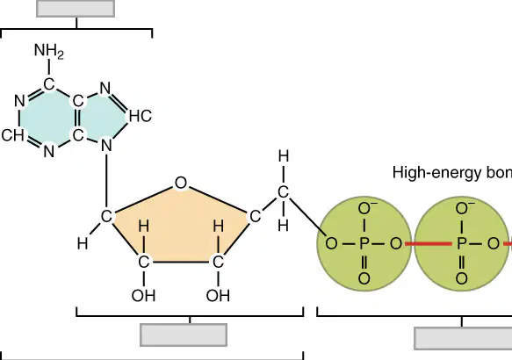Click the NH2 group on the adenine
pyautogui.click(x=48, y=52)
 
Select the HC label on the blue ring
pyautogui.click(x=141, y=116)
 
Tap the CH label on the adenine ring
pyautogui.click(x=12, y=135)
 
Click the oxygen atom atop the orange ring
pyautogui.click(x=181, y=184)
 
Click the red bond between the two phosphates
pyautogui.click(x=429, y=243)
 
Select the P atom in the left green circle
pyautogui.click(x=364, y=243)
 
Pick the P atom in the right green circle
pyautogui.click(x=461, y=243)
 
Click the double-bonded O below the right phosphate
pyautogui.click(x=461, y=278)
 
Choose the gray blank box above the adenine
pyautogui.click(x=76, y=8)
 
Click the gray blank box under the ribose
pyautogui.click(x=184, y=335)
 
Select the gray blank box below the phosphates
pyautogui.click(x=463, y=339)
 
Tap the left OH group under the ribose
pyautogui.click(x=143, y=296)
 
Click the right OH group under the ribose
pyautogui.click(x=218, y=296)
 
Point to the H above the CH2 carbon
pyautogui.click(x=283, y=156)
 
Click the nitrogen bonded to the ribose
pyautogui.click(x=106, y=146)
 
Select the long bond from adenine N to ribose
pyautogui.click(x=106, y=182)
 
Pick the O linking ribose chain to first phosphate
pyautogui.click(x=331, y=243)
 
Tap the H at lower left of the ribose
pyautogui.click(x=83, y=243)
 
